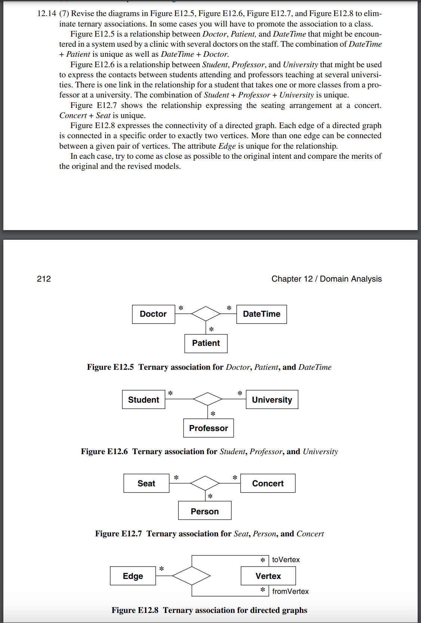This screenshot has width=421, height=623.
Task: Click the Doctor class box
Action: coord(153,314)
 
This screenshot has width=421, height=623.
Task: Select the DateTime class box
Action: coord(261,314)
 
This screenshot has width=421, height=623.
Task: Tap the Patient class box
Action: coord(206,343)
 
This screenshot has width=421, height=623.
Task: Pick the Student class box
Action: coord(144,400)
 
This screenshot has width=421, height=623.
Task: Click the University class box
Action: coord(272,400)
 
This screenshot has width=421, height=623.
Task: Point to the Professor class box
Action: coord(208,428)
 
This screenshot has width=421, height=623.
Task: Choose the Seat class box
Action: coord(146,483)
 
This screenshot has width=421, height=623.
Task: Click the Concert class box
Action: coord(268,483)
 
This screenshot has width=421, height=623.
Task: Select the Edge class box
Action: coord(133,576)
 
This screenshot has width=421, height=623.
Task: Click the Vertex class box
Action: coord(268,576)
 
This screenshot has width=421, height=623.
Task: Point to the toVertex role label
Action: coord(286,560)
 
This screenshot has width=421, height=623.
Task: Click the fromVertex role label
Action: coord(290,591)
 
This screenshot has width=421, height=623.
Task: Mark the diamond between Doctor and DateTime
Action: coord(206,314)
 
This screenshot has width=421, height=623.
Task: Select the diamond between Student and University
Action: coord(208,399)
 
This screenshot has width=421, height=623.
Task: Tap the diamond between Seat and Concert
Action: coord(205,483)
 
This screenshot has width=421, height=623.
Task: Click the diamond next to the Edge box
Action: coord(191,576)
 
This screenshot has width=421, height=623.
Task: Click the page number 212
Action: coord(44,279)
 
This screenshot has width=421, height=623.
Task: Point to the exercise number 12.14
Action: coord(47,14)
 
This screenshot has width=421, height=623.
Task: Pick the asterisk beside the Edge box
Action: coord(162,569)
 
